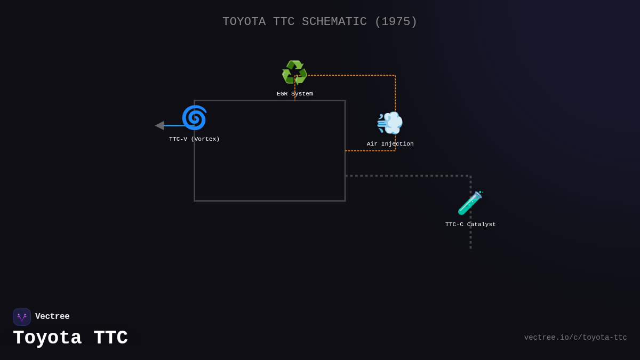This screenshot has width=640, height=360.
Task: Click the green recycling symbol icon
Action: [294, 73]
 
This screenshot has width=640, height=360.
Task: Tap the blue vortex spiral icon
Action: [194, 118]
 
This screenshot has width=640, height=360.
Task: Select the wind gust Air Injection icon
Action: [390, 123]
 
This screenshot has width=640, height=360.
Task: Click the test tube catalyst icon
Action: [470, 203]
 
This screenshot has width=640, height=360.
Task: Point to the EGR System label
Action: [294, 94]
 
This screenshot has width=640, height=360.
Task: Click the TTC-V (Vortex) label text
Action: [194, 139]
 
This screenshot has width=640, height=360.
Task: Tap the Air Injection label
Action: [390, 144]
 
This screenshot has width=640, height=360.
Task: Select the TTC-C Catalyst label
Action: [470, 225]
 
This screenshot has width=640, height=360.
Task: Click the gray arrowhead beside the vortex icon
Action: [159, 125]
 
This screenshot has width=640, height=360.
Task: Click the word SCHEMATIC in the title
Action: [334, 22]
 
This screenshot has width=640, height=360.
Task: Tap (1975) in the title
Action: [396, 22]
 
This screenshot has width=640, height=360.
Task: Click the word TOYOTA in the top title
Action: [244, 22]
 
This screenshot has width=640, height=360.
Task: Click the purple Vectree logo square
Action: [22, 317]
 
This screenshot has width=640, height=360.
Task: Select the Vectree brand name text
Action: [52, 317]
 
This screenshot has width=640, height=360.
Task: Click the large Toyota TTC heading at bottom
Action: [70, 338]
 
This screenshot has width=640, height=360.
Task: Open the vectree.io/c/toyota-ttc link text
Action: [575, 338]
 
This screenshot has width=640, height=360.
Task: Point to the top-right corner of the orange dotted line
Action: [395, 75]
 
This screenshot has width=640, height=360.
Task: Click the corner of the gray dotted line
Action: [470, 175]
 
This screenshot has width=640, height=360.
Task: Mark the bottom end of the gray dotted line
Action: [470, 247]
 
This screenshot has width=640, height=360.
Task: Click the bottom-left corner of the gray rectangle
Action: [195, 201]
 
